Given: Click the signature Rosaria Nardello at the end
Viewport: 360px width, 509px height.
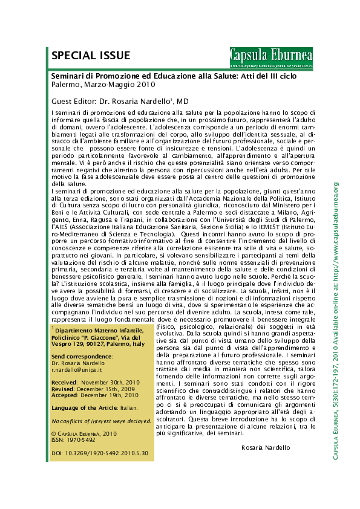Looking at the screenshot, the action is point(266,447).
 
